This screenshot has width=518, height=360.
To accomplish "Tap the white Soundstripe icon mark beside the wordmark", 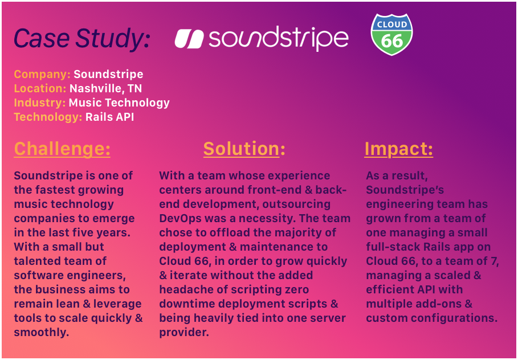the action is click(189, 39).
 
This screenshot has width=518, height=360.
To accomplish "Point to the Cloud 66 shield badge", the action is click(391, 34).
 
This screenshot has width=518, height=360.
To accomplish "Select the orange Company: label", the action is click(42, 74).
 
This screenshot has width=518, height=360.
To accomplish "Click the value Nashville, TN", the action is click(106, 88).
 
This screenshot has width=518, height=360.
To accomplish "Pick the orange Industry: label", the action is click(40, 103).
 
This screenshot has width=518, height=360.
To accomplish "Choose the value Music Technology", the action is click(119, 103).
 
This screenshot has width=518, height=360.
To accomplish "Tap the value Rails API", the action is click(109, 117).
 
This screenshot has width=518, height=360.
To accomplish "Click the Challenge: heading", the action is click(62, 149).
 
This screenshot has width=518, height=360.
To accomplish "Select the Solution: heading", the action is click(244, 149).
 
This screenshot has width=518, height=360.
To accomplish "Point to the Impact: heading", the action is click(399, 149).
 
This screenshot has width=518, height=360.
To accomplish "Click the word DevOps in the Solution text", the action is click(180, 219).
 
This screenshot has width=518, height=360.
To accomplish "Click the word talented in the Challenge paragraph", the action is click(36, 261).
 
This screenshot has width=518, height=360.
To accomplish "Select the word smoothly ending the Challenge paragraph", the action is click(41, 332).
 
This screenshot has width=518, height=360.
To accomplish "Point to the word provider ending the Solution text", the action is click(184, 332).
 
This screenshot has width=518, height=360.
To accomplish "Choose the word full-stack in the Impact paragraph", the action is click(397, 247).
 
